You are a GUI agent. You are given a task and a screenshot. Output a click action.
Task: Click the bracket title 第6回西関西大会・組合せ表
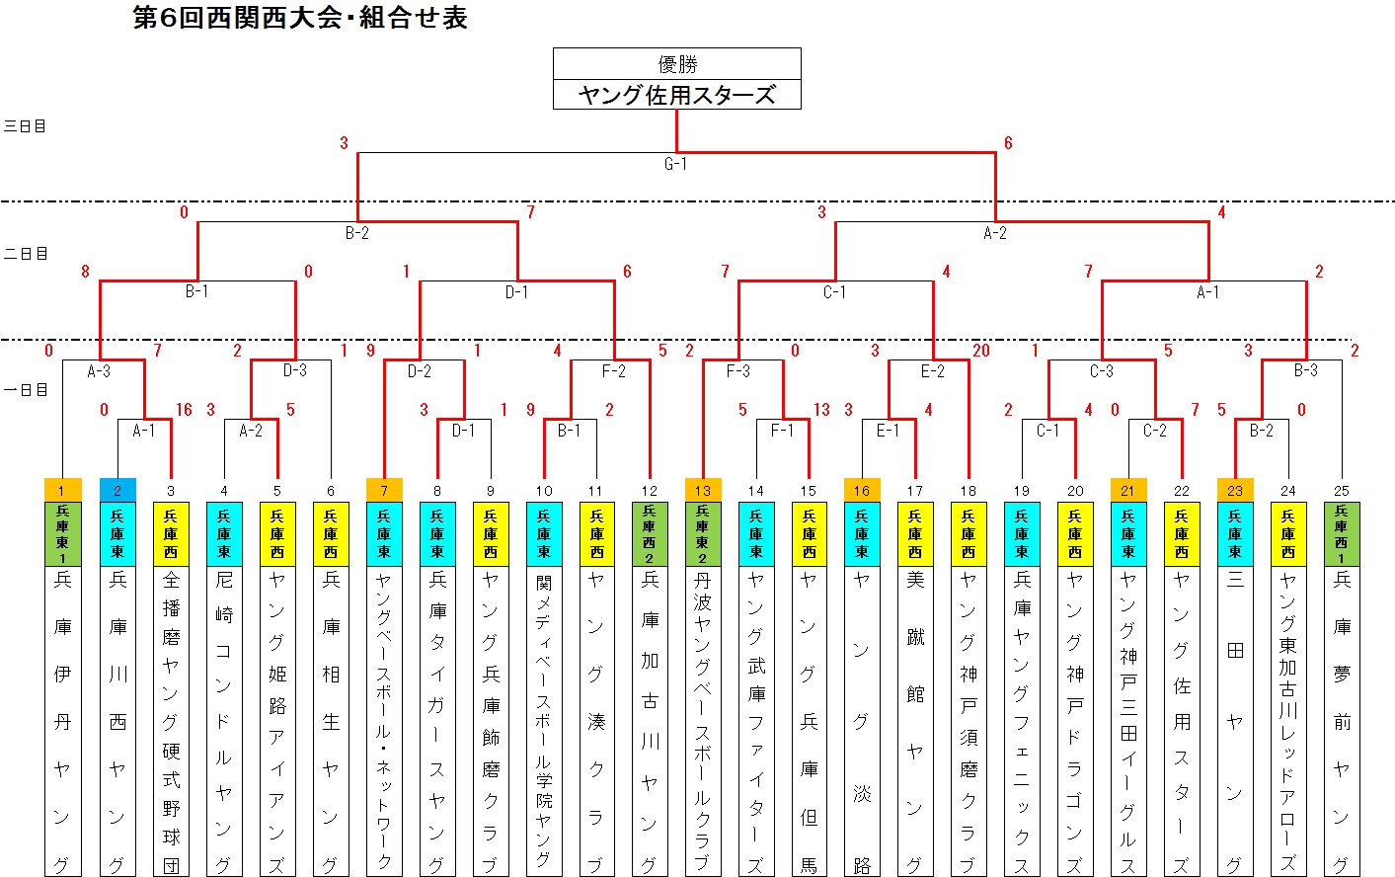point(300,18)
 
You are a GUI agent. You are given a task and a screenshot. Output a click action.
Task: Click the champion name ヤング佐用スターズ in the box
point(677,95)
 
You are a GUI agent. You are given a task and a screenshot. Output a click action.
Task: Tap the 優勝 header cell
point(677,63)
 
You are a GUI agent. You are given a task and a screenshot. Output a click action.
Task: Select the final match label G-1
point(675,164)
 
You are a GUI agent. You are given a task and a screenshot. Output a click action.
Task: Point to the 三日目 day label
point(25,126)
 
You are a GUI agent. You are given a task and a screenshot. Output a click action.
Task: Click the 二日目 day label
point(25,254)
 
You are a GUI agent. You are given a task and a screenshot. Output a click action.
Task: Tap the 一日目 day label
point(25,390)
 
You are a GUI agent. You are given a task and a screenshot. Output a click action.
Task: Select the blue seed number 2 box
point(117,490)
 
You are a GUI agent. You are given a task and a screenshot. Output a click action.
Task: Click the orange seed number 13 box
point(703,490)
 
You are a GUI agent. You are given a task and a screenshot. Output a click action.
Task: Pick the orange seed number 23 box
point(1235,490)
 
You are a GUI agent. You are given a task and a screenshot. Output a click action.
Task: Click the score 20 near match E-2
point(981,351)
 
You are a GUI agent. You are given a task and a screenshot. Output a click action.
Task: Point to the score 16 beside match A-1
point(184,410)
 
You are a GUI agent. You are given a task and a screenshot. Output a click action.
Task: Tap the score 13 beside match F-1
point(821,410)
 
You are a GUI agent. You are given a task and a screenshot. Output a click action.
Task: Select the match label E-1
point(889,431)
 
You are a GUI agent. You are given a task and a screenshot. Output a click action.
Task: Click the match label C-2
point(1155,431)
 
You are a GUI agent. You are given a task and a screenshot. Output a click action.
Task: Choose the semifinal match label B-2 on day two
point(357,233)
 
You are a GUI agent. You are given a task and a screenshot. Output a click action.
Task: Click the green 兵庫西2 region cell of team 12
point(650,533)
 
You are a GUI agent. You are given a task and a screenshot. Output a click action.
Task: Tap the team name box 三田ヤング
point(1235,721)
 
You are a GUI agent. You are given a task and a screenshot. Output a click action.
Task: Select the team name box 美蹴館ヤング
point(915,721)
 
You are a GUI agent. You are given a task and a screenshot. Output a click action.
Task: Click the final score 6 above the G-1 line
point(1008,143)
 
